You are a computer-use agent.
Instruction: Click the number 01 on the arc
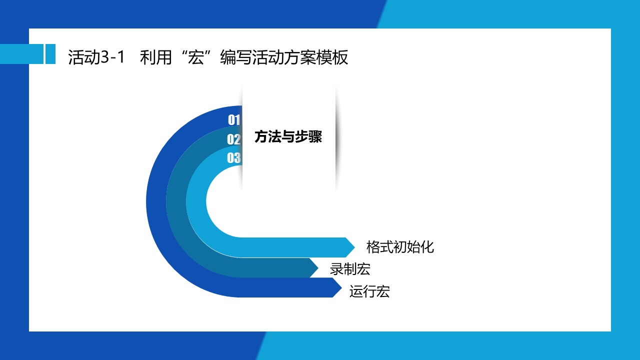click(x=234, y=119)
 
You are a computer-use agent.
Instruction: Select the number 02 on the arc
click(x=233, y=139)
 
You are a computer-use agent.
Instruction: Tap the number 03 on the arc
click(x=233, y=157)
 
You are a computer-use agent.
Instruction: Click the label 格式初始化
click(x=400, y=247)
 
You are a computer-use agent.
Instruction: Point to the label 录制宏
click(x=350, y=269)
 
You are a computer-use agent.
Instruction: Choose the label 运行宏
click(x=369, y=291)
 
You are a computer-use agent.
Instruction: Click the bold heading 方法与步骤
click(x=288, y=136)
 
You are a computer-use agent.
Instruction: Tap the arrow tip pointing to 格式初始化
click(x=354, y=247)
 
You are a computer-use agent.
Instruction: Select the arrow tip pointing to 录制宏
click(x=318, y=268)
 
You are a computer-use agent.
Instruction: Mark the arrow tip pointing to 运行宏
click(x=341, y=287)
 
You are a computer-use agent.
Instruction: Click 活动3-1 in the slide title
click(x=96, y=57)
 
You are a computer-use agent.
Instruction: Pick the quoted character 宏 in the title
click(x=196, y=57)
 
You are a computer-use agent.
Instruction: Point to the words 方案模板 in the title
click(x=316, y=57)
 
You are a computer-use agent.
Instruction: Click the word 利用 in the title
click(x=155, y=57)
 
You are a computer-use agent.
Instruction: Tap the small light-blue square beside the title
click(x=50, y=54)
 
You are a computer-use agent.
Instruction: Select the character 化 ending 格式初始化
click(x=427, y=247)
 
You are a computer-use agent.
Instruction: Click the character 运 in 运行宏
click(x=356, y=291)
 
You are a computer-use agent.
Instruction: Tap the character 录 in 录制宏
click(x=336, y=269)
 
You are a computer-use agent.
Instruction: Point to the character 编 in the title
click(x=228, y=57)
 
